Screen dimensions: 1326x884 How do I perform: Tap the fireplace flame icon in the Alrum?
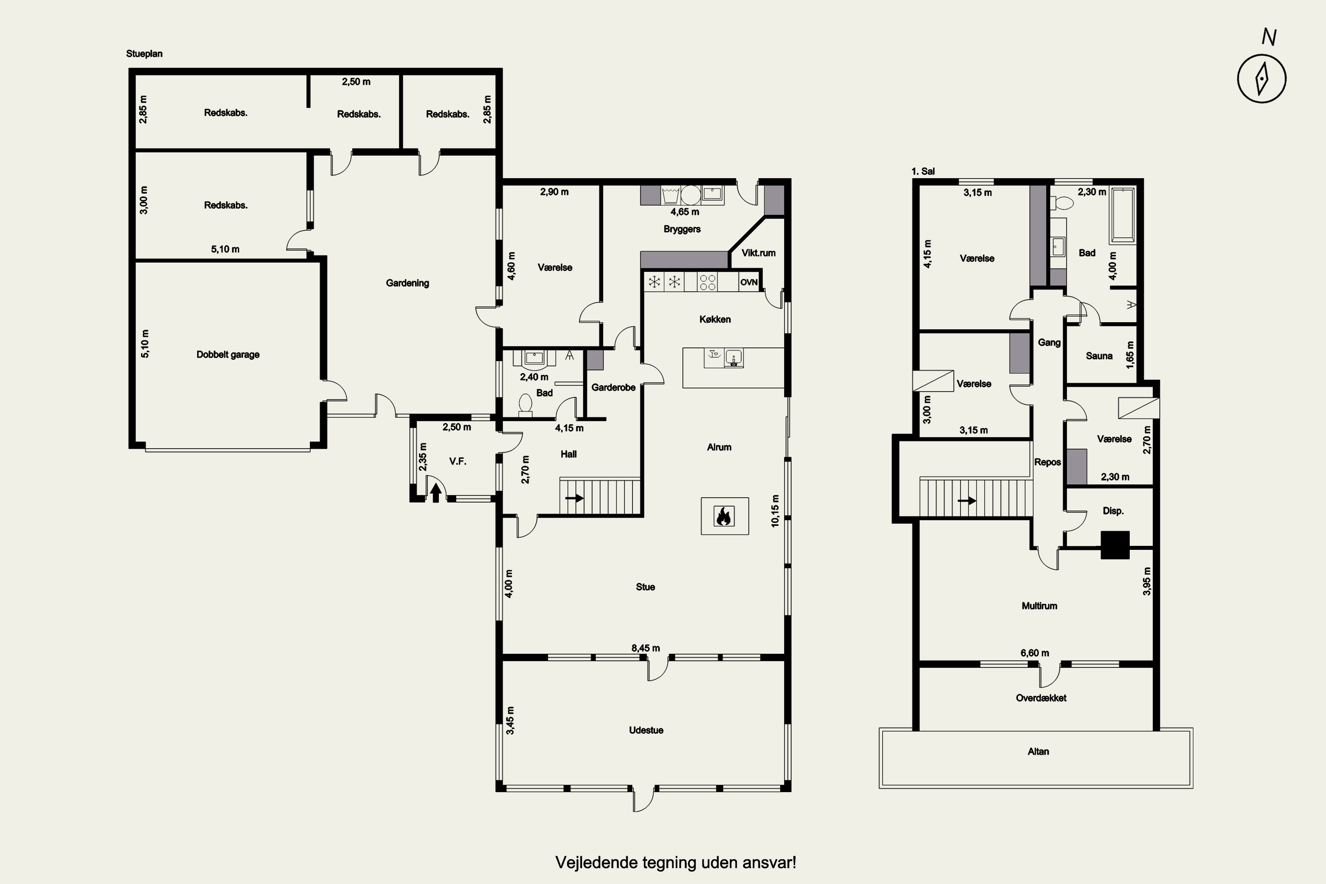click(724, 516)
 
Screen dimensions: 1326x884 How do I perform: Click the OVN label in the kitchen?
click(749, 282)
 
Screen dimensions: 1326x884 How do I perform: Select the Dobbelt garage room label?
click(228, 354)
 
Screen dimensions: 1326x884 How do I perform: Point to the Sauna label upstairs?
click(1099, 356)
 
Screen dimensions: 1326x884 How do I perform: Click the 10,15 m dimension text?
click(775, 511)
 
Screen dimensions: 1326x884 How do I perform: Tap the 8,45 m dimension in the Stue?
click(645, 648)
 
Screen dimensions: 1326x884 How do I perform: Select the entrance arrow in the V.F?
click(435, 493)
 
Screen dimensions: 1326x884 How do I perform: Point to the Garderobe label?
click(613, 387)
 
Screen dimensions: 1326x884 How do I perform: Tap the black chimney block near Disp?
click(1115, 545)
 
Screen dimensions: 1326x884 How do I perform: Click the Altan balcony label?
click(1038, 751)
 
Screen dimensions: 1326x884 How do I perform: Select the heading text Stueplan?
click(145, 53)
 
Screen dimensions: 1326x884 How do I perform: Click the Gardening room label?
click(407, 283)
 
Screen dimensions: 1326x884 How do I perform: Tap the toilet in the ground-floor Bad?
click(526, 405)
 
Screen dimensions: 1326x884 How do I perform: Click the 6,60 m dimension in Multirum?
click(1035, 653)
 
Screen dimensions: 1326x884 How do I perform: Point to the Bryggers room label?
click(682, 229)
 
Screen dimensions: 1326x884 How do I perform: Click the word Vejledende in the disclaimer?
click(591, 863)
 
